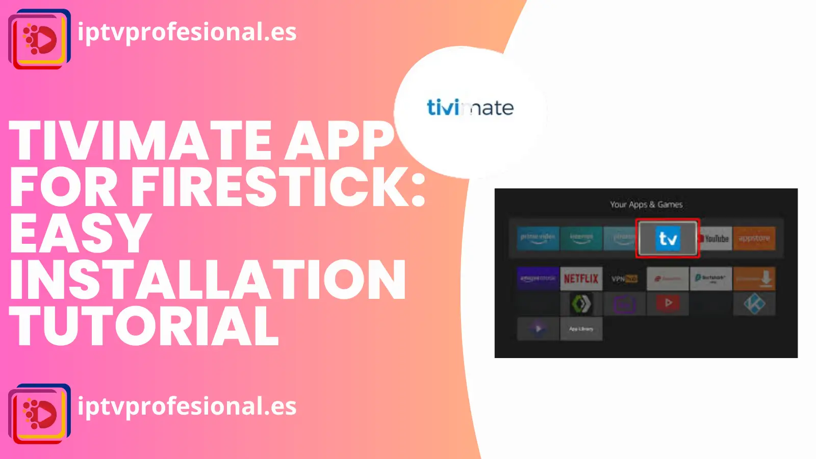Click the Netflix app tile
point(581,278)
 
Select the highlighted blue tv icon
point(668,238)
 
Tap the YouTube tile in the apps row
point(715,238)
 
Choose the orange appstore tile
point(754,238)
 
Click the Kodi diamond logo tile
point(754,304)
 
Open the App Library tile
point(581,329)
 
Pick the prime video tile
point(538,238)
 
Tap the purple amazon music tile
point(538,278)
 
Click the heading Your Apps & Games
point(646,205)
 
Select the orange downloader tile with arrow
point(754,278)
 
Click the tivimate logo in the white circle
point(470,108)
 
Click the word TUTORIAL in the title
point(144,326)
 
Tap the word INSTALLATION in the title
point(208,280)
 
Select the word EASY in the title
point(81,233)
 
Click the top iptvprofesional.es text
point(187,32)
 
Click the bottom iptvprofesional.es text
point(187,406)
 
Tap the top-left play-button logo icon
point(40,39)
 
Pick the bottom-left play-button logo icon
point(40,414)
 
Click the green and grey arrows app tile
point(581,304)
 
